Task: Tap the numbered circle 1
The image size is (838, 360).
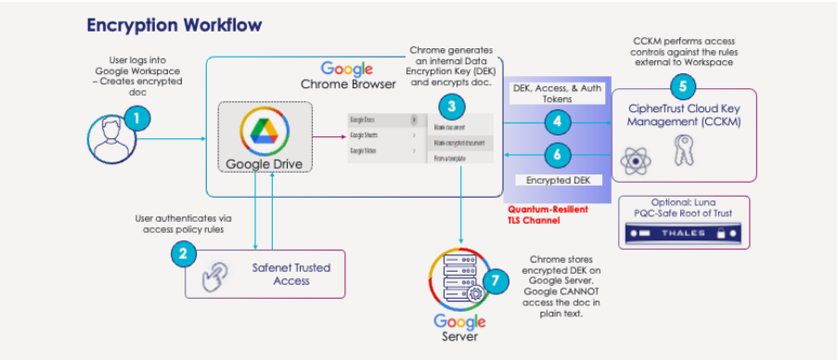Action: click(136, 118)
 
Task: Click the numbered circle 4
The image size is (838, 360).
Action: click(556, 122)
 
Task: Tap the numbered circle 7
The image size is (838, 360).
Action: click(497, 281)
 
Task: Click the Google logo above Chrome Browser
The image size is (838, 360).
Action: click(347, 69)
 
